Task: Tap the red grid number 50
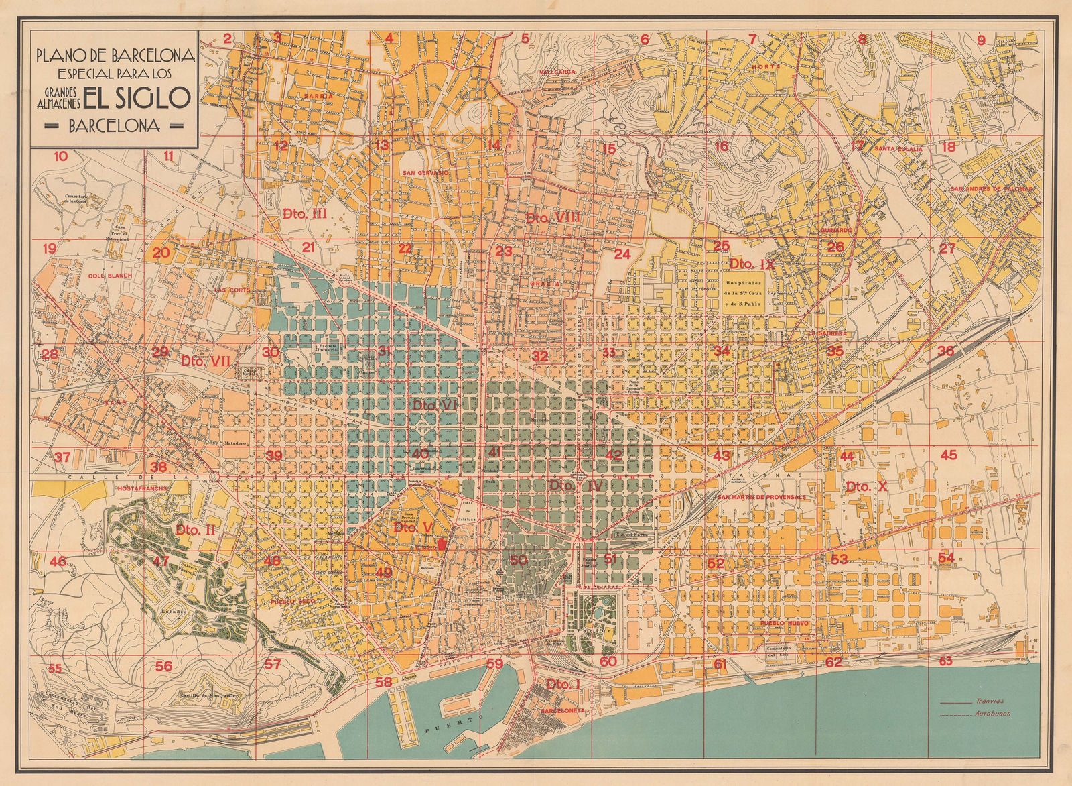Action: click(518, 559)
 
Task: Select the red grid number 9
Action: click(982, 40)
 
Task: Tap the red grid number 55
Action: click(55, 668)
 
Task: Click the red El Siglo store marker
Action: click(441, 545)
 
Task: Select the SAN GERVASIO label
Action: click(425, 172)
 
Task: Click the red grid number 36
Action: click(945, 351)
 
